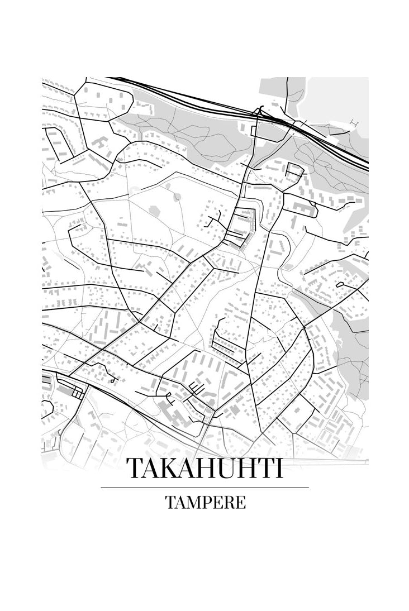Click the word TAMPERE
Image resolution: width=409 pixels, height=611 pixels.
click(204, 502)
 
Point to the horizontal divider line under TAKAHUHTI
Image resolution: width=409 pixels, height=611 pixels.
click(204, 488)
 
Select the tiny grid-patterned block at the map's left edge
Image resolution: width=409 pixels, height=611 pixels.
click(77, 394)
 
